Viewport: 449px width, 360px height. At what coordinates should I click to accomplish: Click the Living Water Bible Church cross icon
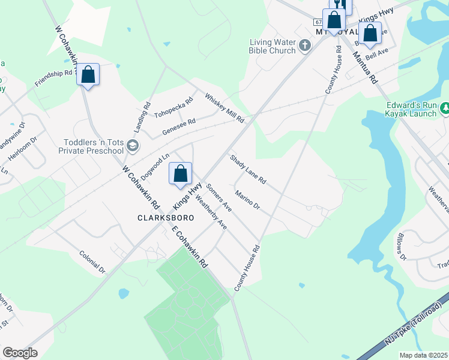tap(305, 45)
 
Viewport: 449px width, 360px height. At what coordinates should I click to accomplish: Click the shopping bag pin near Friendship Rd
tap(88, 76)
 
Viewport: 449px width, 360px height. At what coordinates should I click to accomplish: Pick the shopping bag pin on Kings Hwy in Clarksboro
tap(180, 175)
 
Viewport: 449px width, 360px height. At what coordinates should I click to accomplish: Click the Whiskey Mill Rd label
tap(224, 108)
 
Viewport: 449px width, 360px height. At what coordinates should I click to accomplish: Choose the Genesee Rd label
tap(179, 126)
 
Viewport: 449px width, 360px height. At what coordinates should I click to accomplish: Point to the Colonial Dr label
tap(92, 262)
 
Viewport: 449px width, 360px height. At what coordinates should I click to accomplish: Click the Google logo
tap(20, 353)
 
